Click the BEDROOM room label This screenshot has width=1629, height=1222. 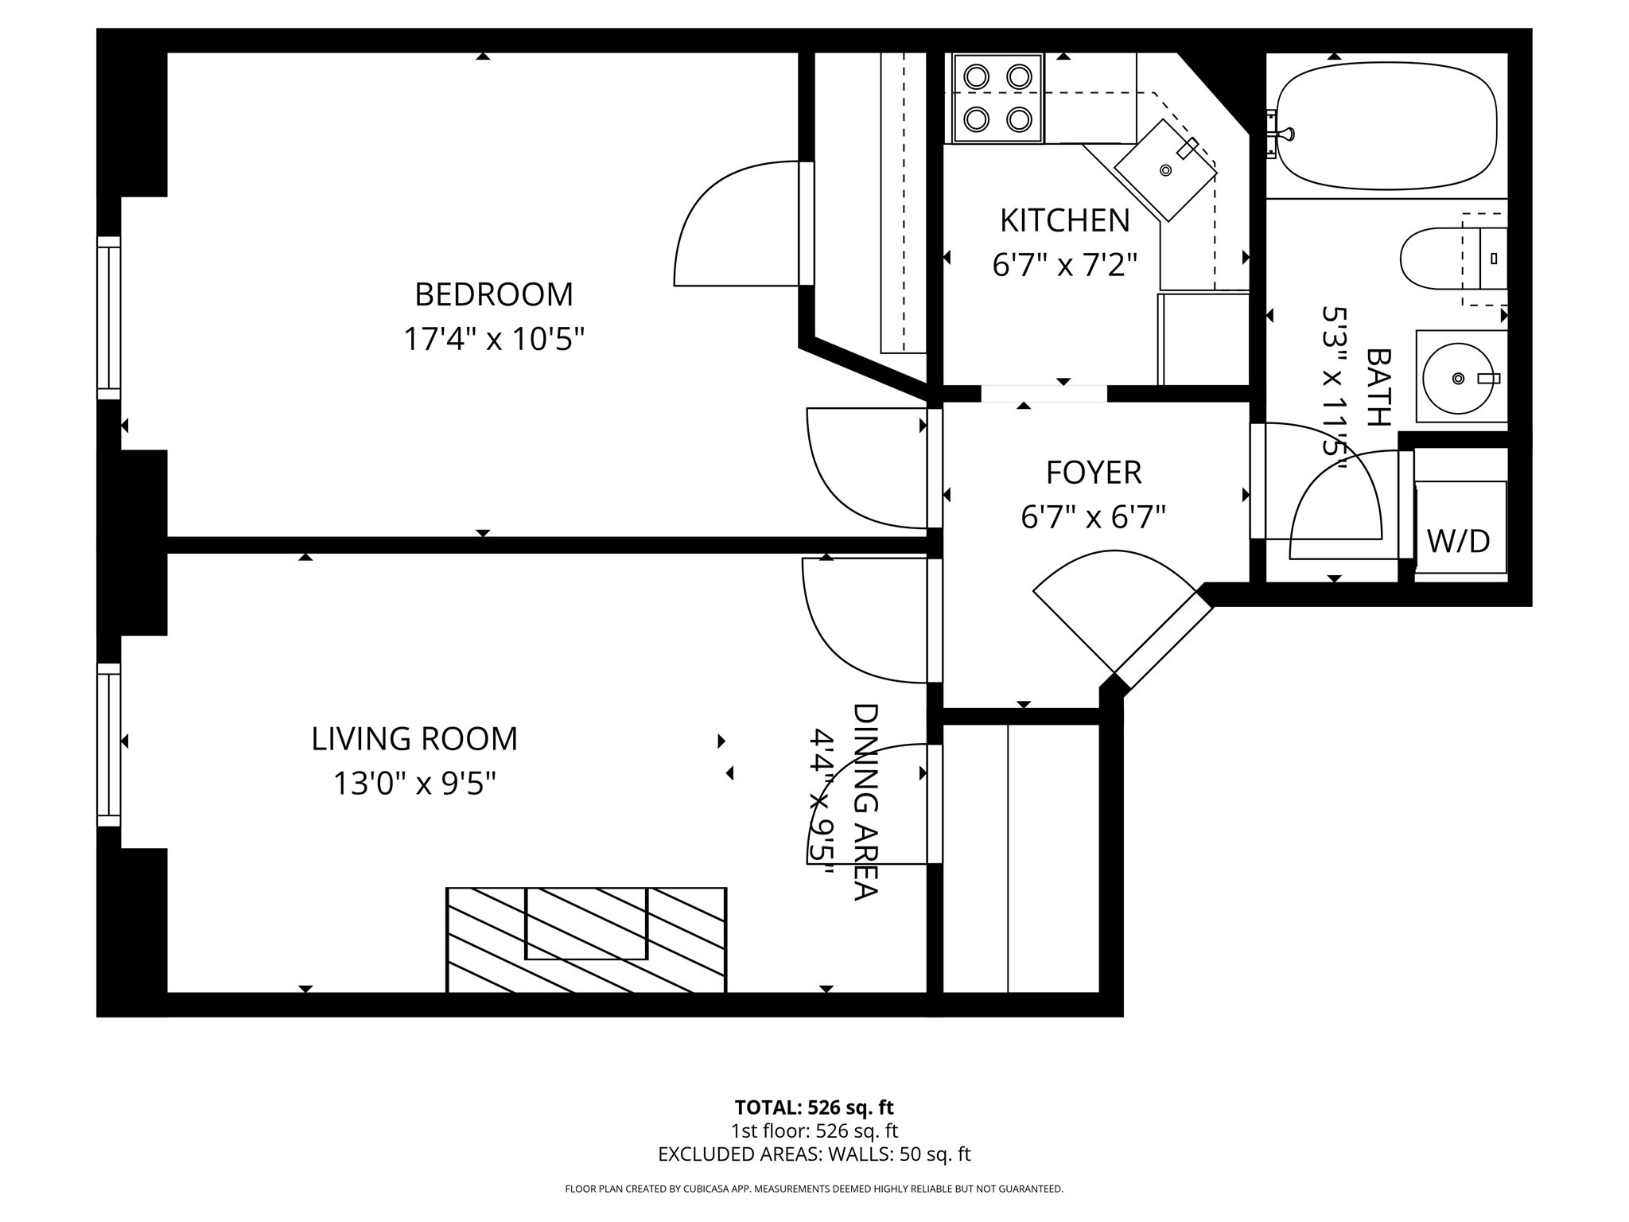493,294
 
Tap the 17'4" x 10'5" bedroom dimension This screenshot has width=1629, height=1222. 493,340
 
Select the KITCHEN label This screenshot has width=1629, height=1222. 1064,220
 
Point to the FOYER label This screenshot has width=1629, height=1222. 1093,473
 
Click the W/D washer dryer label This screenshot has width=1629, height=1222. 1458,542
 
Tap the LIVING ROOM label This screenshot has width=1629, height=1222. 414,739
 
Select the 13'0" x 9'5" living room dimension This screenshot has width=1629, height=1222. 414,784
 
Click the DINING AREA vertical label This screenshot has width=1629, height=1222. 865,801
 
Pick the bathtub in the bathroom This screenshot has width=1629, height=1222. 1386,127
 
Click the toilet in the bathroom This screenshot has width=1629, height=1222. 1440,259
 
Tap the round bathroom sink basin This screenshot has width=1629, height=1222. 1457,379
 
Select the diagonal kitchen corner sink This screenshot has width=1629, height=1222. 1165,170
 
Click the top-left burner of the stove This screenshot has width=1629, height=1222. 976,77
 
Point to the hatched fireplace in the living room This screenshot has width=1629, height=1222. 586,940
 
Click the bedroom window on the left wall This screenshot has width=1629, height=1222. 109,318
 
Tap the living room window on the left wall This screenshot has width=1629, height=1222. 109,745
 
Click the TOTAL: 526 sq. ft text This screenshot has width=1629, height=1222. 814,1107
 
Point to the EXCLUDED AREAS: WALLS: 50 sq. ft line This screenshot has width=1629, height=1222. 814,1154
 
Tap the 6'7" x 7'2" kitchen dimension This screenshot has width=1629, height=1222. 1064,265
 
